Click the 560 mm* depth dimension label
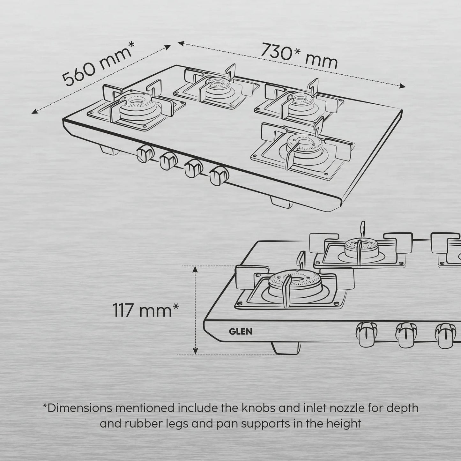click(98, 64)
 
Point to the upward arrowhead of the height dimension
click(196, 270)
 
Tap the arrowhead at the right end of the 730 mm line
click(403, 86)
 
